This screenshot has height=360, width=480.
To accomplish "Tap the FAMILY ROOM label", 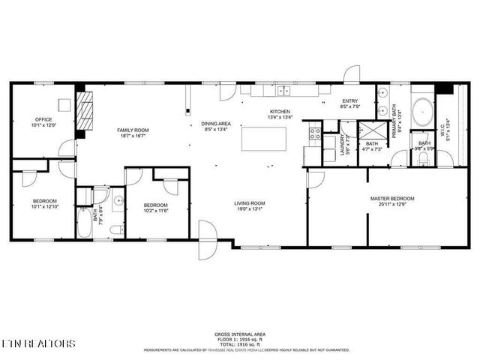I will (132, 130).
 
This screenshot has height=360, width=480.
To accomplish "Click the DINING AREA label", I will (215, 124).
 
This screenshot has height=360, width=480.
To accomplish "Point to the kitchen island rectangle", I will (263, 139).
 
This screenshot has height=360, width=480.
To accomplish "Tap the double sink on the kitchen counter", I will (283, 91).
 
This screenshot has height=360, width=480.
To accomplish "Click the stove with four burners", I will (315, 135).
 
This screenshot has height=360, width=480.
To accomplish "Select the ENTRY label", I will (350, 101).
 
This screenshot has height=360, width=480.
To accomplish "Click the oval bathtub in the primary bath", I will (422, 110).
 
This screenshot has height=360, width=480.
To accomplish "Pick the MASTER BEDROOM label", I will (391, 199).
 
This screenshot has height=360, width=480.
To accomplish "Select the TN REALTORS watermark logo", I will (37, 343).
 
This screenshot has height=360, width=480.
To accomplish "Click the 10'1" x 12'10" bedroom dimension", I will (45, 207).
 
